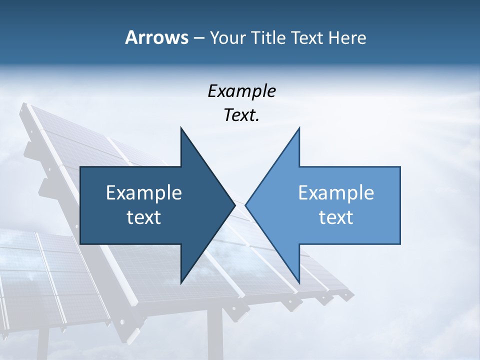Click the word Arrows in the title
tap(156, 37)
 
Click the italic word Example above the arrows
tap(241, 91)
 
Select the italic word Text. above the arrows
tap(241, 115)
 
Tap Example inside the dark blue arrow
tap(144, 193)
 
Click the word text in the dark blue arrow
tap(144, 217)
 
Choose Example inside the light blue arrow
tap(336, 193)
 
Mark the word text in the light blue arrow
tap(336, 217)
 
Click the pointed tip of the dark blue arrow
tap(234, 205)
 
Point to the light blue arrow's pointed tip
tap(246, 205)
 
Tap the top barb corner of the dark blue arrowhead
tap(181, 127)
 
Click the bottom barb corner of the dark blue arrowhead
tap(181, 283)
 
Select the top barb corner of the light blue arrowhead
tap(299, 127)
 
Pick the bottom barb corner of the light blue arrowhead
tap(299, 283)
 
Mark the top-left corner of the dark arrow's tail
tap(80, 167)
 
